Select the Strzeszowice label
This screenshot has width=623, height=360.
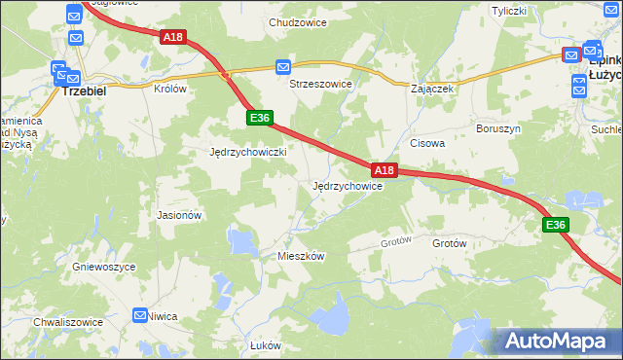click(x=320, y=85)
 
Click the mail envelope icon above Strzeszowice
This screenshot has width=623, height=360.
click(x=283, y=66)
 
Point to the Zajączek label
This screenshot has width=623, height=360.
click(x=433, y=89)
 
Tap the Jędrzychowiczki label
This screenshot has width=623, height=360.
click(x=248, y=153)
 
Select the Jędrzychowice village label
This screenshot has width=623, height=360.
click(x=347, y=186)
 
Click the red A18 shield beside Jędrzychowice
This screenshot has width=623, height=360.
click(x=385, y=171)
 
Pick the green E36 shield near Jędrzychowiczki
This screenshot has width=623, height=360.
click(x=258, y=118)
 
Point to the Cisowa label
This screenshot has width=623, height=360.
click(x=427, y=143)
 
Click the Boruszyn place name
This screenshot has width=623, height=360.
click(x=499, y=128)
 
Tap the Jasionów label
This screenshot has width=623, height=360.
click(x=179, y=215)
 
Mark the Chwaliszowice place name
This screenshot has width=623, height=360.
click(x=68, y=322)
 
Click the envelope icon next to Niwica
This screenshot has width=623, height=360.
click(x=141, y=315)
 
